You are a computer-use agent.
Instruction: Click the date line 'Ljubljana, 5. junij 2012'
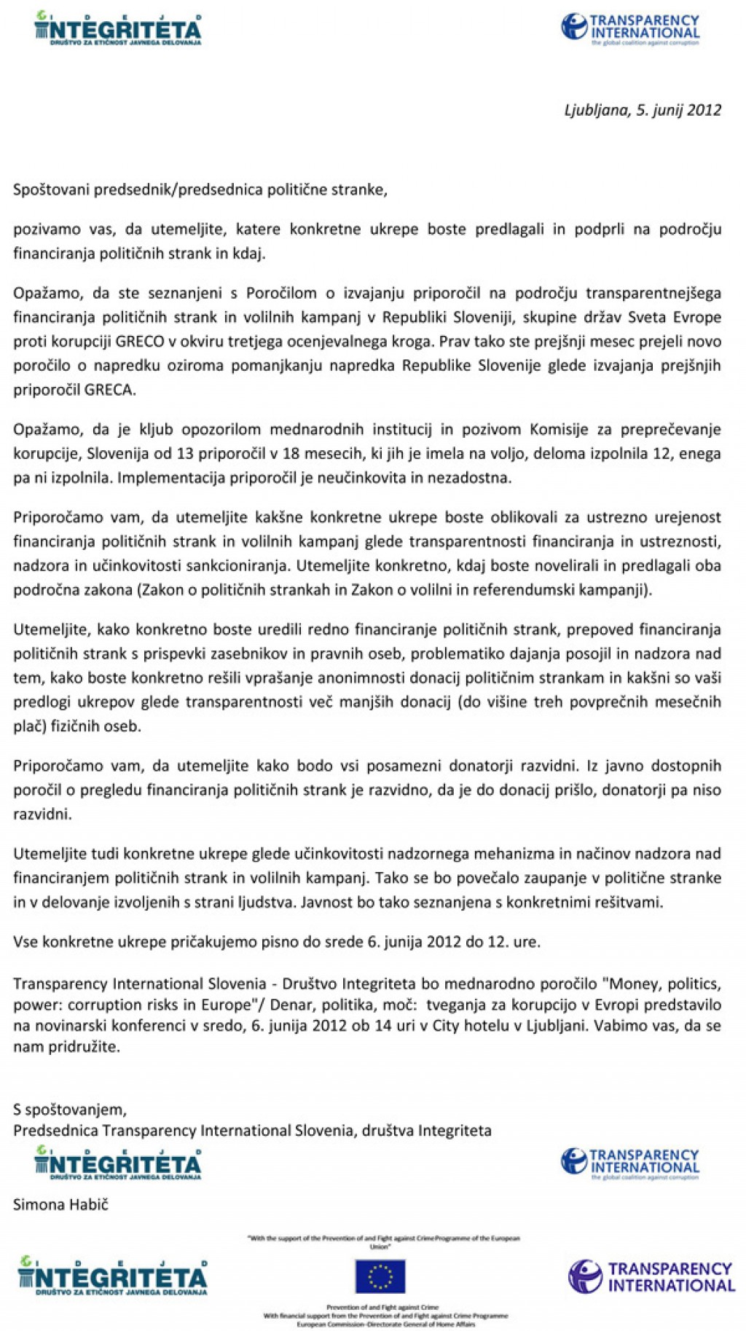click(x=643, y=110)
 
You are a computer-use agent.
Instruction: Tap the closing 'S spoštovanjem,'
click(x=70, y=1110)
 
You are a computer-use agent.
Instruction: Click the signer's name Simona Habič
click(x=60, y=1204)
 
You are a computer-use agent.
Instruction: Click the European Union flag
click(x=380, y=1276)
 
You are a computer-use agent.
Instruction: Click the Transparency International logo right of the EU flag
click(x=651, y=1276)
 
